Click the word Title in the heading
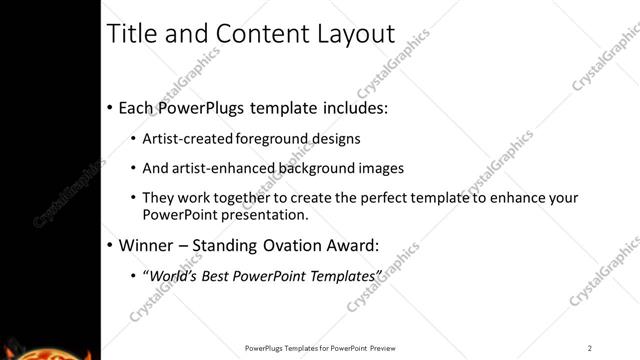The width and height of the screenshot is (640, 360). coord(132,34)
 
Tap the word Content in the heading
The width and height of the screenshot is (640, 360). coord(252,34)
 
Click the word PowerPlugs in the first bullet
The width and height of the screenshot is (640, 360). coord(202,107)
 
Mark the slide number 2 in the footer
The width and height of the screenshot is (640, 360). coord(590,348)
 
